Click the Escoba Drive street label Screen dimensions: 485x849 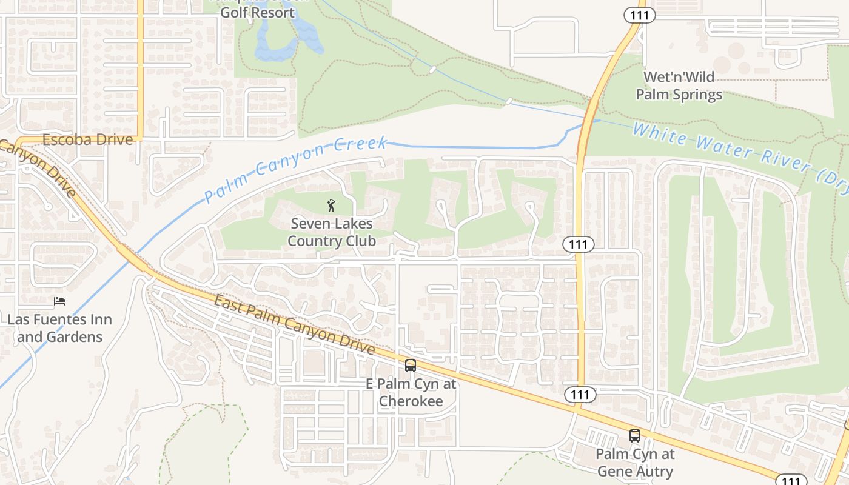(x=87, y=139)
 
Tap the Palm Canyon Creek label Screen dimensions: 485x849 (x=295, y=169)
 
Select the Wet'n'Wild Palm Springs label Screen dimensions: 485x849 (x=679, y=85)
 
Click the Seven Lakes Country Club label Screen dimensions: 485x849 (x=332, y=232)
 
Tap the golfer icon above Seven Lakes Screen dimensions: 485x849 (x=331, y=205)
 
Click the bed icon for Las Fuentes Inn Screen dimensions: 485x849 (x=59, y=301)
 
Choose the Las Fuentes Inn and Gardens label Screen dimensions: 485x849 (x=59, y=328)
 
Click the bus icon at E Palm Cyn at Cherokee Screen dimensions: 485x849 (x=411, y=366)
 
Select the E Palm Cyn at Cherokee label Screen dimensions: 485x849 (x=411, y=392)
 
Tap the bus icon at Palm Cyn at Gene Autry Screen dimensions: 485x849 (x=635, y=436)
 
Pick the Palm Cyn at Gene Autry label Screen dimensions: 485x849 (x=635, y=463)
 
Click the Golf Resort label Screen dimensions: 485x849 (x=257, y=12)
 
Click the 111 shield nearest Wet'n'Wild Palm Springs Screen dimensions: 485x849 (x=640, y=15)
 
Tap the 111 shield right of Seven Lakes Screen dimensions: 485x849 (x=579, y=244)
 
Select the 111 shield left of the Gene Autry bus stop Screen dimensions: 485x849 (x=580, y=395)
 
